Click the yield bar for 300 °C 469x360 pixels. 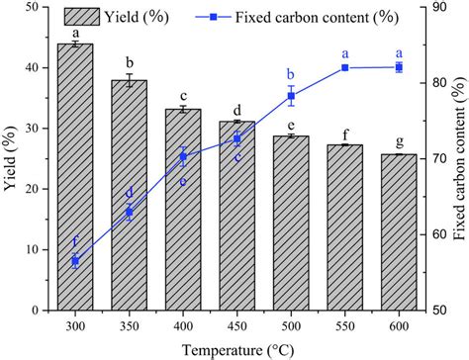click(x=75, y=178)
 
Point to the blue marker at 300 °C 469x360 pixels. click(x=75, y=261)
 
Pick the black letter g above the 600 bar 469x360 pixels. click(x=398, y=142)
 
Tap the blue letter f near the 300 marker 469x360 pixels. click(x=74, y=242)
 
